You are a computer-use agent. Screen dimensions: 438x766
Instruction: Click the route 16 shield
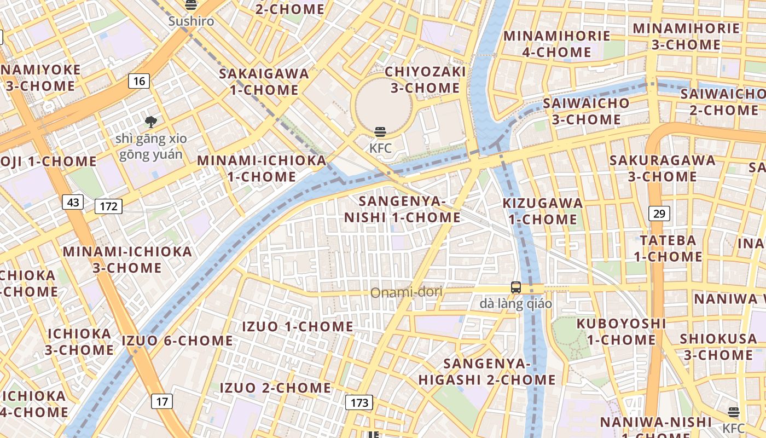coord(140,82)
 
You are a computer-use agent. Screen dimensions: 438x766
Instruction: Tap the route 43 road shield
coord(73,203)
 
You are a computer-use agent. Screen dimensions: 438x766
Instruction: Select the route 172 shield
coord(108,206)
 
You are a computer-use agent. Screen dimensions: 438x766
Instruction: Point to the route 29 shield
coord(659,213)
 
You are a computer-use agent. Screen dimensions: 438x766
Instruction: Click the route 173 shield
coord(359,403)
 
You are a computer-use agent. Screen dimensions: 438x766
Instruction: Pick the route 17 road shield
coord(162,401)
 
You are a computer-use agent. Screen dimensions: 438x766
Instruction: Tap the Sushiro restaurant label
coord(191,21)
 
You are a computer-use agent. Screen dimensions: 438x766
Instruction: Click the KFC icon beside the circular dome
coord(380,132)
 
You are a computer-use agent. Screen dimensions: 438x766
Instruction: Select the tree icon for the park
coord(150,122)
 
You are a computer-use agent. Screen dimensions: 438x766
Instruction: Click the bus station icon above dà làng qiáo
coord(515,287)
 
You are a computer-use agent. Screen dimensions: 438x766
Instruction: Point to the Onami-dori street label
coord(406,293)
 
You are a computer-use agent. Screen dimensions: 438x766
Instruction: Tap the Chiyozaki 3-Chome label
coord(425,80)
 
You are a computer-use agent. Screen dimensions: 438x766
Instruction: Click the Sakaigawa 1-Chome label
coord(264,82)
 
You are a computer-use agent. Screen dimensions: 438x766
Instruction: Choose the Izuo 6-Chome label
coord(177,341)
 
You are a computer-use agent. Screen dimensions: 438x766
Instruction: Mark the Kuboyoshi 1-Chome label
coord(621,332)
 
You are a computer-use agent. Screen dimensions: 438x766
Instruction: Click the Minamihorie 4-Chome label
coord(556,44)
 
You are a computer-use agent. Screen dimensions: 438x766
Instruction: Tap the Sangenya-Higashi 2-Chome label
coord(487,372)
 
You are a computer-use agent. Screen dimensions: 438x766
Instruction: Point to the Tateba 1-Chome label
coord(668,248)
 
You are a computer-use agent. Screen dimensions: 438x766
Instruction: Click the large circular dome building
coord(382,103)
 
